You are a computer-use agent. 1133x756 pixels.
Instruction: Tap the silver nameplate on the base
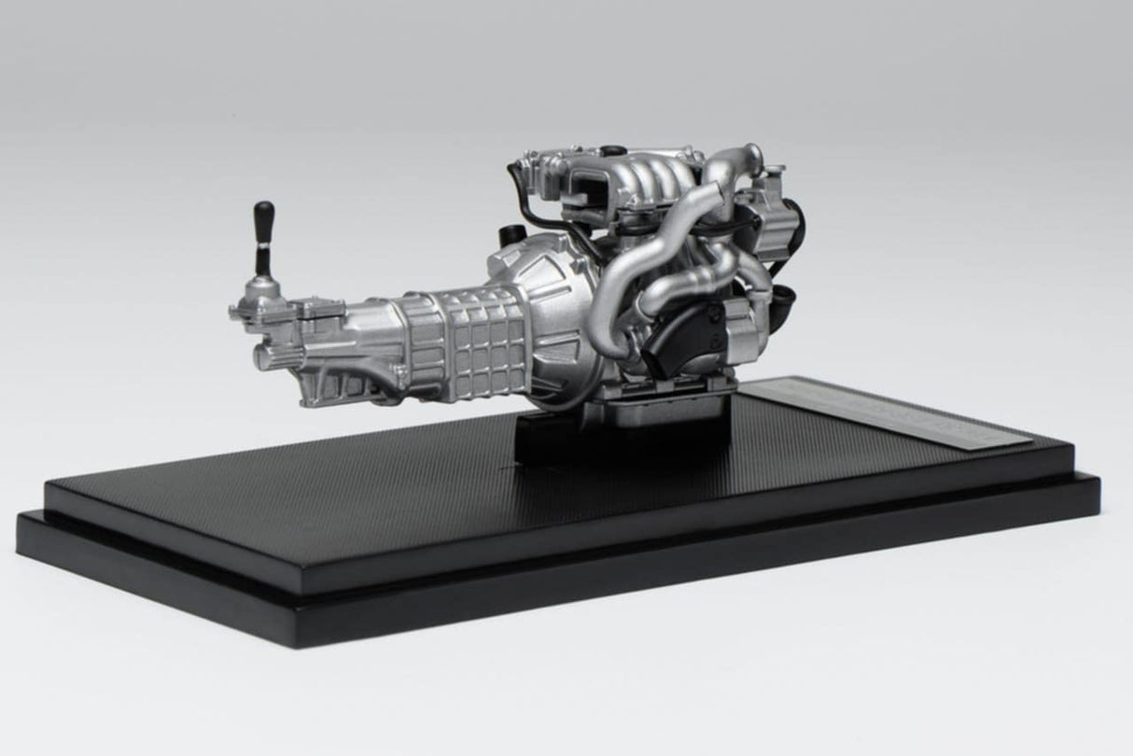(x=896, y=411)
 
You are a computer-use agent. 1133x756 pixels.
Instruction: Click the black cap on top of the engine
(x=612, y=150)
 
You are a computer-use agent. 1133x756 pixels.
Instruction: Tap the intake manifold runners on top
(x=653, y=177)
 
